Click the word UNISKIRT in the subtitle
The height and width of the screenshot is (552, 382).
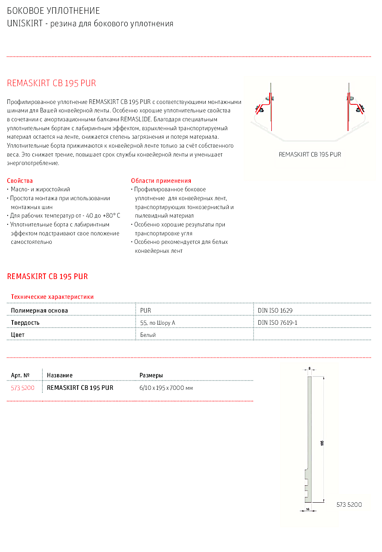(25, 23)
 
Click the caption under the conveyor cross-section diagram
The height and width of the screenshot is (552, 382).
(310, 154)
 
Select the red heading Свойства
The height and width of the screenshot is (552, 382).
(20, 181)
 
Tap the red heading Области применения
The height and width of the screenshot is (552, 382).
(161, 181)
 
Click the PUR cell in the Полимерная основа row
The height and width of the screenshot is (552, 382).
(146, 311)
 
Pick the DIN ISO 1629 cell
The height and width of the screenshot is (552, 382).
(275, 311)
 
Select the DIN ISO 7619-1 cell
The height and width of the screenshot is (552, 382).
(277, 323)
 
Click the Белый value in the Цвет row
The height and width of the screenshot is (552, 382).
(148, 335)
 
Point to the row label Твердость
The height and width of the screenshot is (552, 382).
(25, 323)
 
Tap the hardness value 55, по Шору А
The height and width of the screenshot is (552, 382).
(158, 323)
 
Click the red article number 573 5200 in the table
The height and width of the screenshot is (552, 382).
(23, 388)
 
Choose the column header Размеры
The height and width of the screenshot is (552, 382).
(151, 375)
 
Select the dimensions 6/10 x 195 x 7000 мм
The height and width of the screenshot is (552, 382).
(166, 388)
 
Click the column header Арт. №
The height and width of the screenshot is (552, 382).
(20, 375)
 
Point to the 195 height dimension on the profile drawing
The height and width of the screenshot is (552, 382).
(322, 443)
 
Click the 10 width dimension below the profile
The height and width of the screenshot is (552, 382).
(308, 509)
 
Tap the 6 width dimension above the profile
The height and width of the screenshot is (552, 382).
(310, 368)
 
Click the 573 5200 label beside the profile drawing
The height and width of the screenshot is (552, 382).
(349, 505)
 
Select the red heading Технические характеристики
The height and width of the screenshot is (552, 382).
(52, 297)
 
